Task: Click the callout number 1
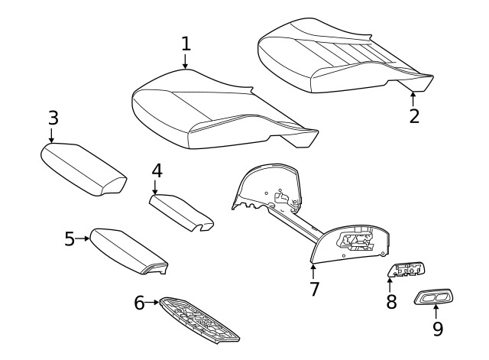[186, 44]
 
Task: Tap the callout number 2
[414, 116]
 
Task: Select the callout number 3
[53, 118]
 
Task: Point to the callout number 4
[157, 171]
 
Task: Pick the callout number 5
[70, 238]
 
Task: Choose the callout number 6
[139, 303]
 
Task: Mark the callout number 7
[314, 289]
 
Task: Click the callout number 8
[391, 302]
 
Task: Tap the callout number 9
[438, 328]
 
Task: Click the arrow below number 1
[185, 61]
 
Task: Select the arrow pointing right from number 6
[152, 302]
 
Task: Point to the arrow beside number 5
[83, 238]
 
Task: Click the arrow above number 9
[436, 311]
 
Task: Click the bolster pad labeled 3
[83, 170]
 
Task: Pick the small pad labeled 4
[182, 212]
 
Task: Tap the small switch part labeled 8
[406, 269]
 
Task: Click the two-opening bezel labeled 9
[433, 297]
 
